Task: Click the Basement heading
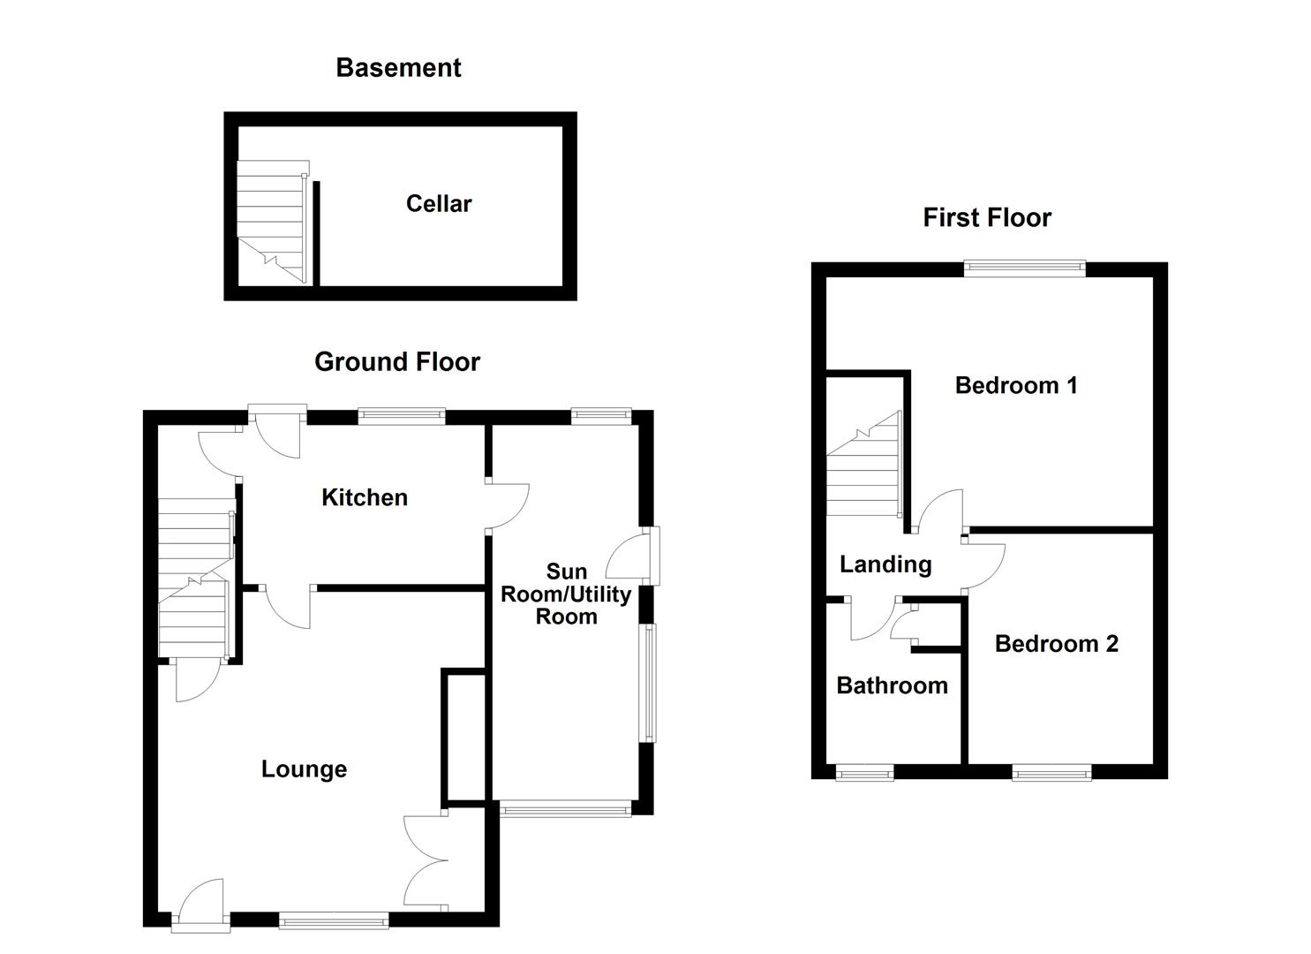point(398,68)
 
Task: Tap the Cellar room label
point(439,204)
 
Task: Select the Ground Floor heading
point(397,362)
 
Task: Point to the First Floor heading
point(987,218)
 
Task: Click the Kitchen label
point(365,498)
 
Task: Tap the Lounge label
point(304,769)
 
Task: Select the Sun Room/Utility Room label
point(566,594)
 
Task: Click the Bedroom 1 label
point(1016,385)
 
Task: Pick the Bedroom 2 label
point(1056,644)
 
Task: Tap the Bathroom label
point(892,685)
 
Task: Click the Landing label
point(885,564)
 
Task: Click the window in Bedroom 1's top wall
point(1024,269)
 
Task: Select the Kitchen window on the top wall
point(402,416)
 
